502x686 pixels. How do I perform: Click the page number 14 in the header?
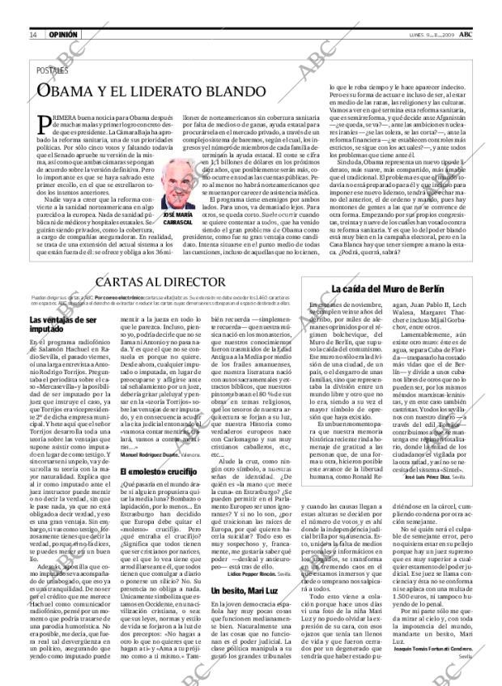pyautogui.click(x=33, y=35)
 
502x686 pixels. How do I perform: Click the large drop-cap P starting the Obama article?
pyautogui.click(x=49, y=126)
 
